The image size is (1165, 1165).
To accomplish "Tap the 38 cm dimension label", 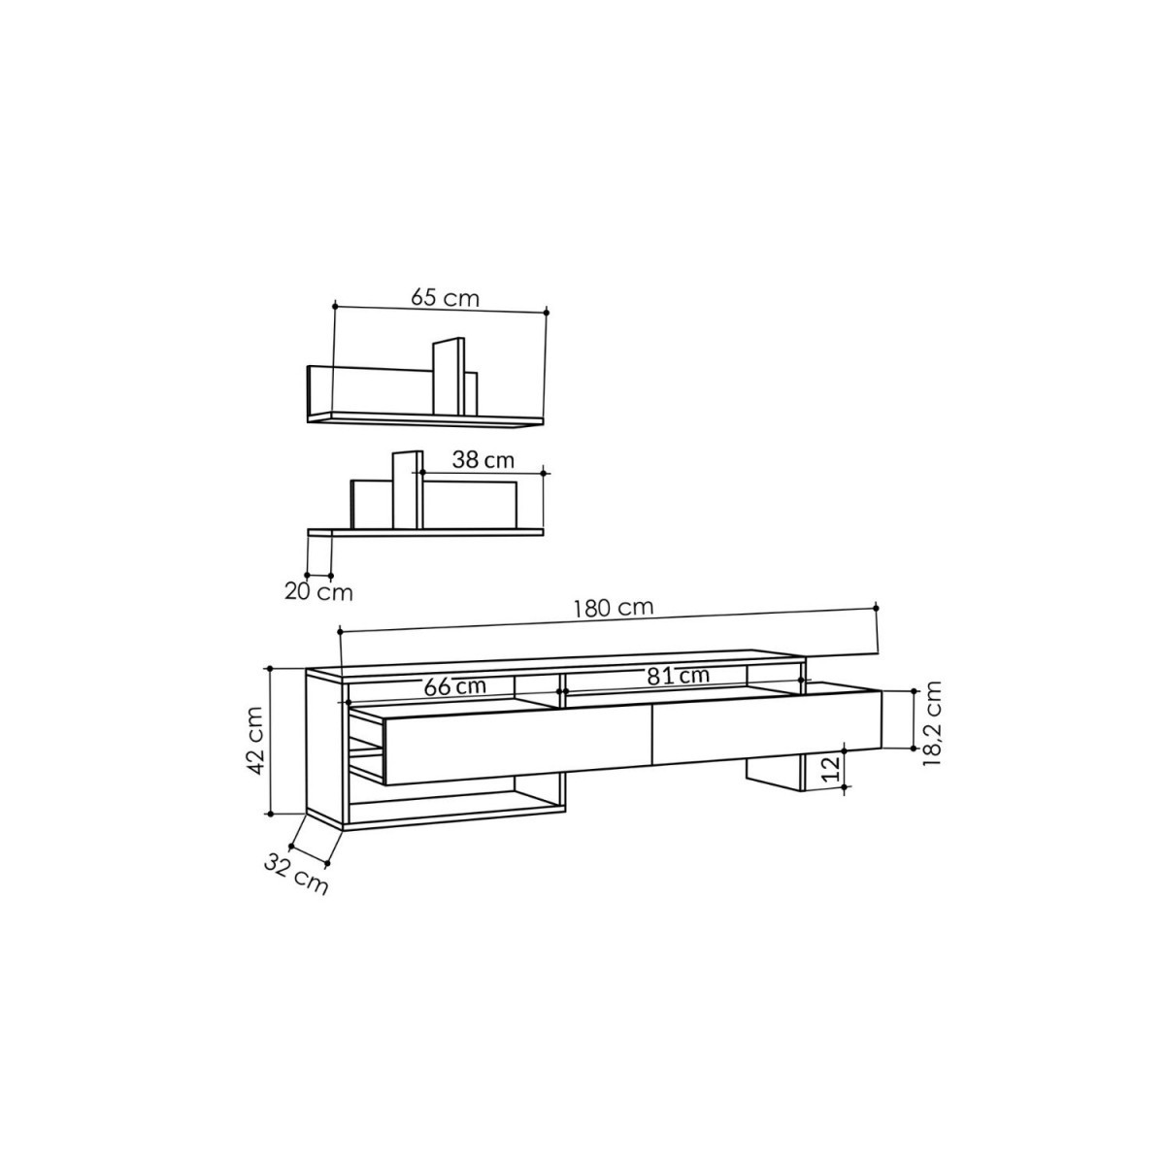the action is (x=483, y=461).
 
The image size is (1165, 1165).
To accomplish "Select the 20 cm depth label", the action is (x=318, y=592).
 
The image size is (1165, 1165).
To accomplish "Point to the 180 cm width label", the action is (x=615, y=608).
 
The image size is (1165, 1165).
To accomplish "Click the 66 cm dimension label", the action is (x=455, y=686).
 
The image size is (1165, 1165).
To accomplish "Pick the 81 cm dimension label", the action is (x=678, y=676).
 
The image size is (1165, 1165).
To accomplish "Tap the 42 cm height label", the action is (x=257, y=741).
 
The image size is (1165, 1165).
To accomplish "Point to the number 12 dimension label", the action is (x=832, y=767).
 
